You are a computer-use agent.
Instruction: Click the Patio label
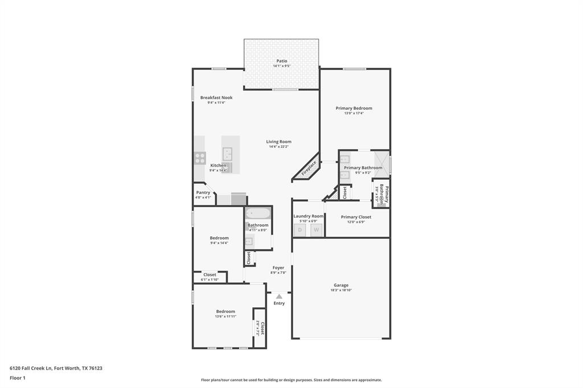click(x=282, y=61)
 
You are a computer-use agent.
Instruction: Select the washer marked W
click(x=316, y=230)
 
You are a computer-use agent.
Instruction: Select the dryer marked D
click(x=299, y=230)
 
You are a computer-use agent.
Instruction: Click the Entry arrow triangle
click(x=279, y=296)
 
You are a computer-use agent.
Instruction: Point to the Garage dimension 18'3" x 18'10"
click(x=341, y=290)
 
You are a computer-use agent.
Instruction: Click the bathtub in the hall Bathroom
click(x=258, y=213)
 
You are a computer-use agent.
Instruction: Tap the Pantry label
click(x=203, y=192)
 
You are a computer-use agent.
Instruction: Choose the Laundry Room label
click(x=308, y=216)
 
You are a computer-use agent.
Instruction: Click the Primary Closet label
click(x=356, y=217)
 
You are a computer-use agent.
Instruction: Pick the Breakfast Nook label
click(x=216, y=97)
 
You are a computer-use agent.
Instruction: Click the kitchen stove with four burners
click(x=200, y=158)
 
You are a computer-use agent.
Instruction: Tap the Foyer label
click(x=278, y=267)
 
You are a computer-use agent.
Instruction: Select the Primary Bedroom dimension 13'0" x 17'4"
click(x=354, y=113)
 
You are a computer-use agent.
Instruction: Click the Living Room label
click(x=279, y=142)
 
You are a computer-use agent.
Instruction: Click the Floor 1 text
click(x=18, y=378)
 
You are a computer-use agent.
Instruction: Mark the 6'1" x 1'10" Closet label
click(x=210, y=275)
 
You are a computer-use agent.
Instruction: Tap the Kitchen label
click(x=218, y=166)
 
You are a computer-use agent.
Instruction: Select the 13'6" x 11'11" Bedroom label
click(x=225, y=311)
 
